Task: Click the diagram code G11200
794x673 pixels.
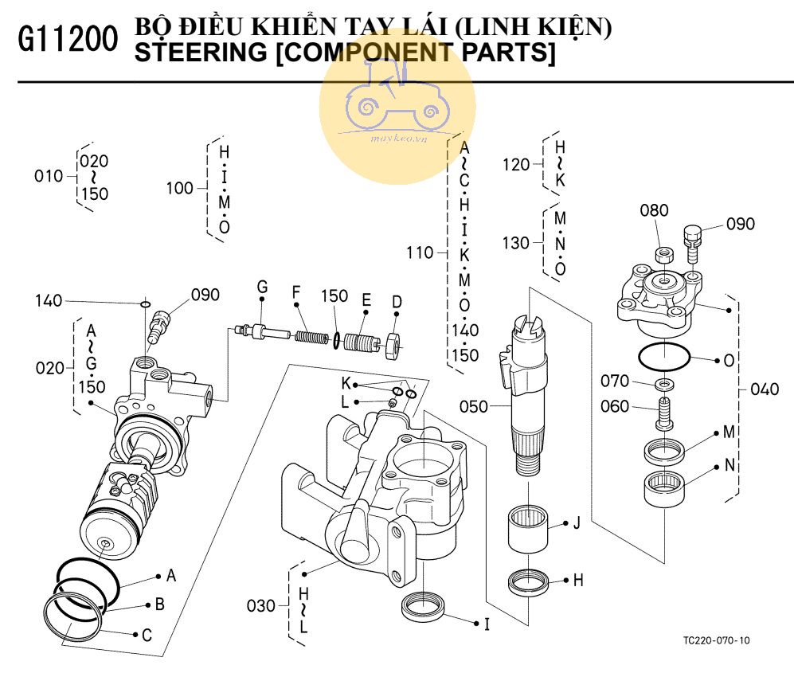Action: [x=67, y=41]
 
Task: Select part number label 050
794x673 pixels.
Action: [x=474, y=407]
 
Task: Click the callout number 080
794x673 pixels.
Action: [x=655, y=211]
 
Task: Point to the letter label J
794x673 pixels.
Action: [x=576, y=523]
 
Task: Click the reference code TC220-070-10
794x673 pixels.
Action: [x=716, y=640]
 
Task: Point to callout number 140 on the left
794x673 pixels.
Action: [x=48, y=301]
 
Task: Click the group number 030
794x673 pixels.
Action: [x=260, y=606]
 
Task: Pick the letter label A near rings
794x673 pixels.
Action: [x=170, y=575]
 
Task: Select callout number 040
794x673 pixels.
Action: [x=765, y=389]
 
